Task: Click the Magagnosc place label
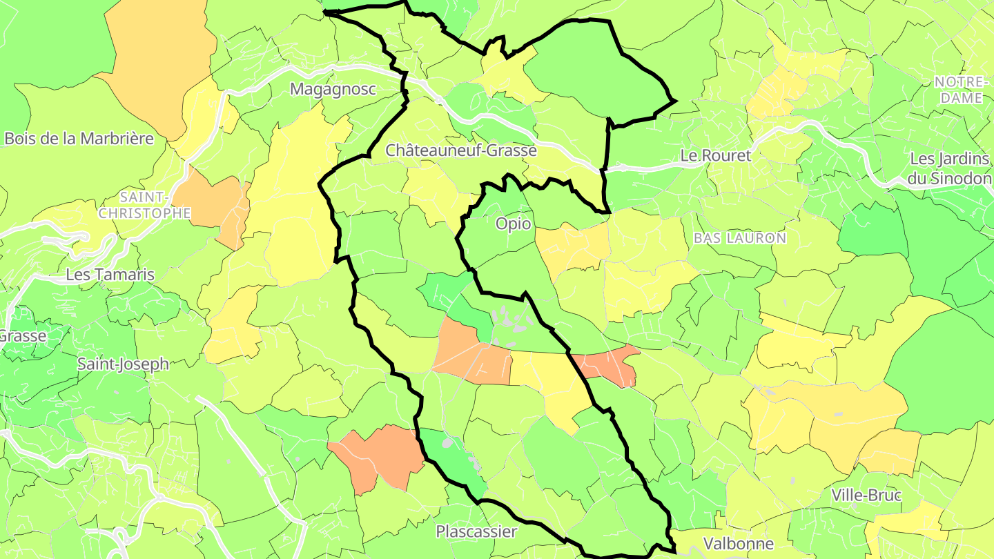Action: point(333,89)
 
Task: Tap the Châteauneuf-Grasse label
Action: point(460,150)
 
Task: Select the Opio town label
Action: point(514,224)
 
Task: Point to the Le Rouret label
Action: point(715,156)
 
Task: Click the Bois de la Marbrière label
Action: point(79,138)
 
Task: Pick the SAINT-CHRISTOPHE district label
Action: point(144,206)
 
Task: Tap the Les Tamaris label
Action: point(110,275)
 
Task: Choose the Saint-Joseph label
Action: point(123,364)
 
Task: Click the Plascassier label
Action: point(476,531)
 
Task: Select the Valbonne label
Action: point(738,543)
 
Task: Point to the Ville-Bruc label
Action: point(866,496)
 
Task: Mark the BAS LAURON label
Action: point(740,238)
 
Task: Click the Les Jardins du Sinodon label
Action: point(949,168)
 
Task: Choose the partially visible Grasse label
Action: point(22,336)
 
